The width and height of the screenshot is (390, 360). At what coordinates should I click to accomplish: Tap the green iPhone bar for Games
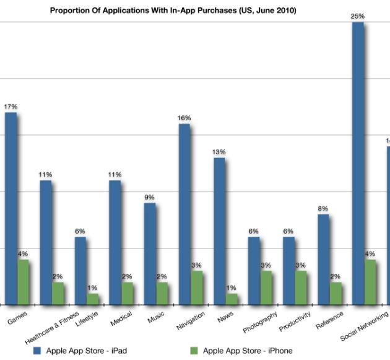pyautogui.click(x=23, y=282)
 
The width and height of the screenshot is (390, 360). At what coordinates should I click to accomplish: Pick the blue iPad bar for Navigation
pyautogui.click(x=184, y=214)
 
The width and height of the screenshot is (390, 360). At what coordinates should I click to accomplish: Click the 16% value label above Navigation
pyautogui.click(x=184, y=118)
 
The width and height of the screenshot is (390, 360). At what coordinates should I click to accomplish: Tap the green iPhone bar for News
pyautogui.click(x=231, y=299)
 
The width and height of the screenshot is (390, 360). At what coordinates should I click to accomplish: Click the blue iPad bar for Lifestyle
pyautogui.click(x=80, y=271)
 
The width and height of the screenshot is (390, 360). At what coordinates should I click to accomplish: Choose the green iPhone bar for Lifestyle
pyautogui.click(x=92, y=299)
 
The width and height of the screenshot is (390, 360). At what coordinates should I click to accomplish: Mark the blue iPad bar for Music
pyautogui.click(x=149, y=253)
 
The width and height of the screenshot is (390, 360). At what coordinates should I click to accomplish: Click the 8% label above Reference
pyautogui.click(x=323, y=209)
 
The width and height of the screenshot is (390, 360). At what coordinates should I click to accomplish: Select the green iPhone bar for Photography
pyautogui.click(x=266, y=288)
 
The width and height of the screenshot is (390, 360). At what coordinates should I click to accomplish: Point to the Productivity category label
pyautogui.click(x=294, y=322)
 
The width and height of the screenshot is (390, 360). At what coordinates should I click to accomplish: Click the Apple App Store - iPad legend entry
pyautogui.click(x=80, y=351)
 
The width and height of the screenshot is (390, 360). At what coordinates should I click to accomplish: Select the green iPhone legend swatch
pyautogui.click(x=194, y=351)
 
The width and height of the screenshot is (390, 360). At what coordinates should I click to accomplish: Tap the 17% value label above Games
pyautogui.click(x=11, y=107)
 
